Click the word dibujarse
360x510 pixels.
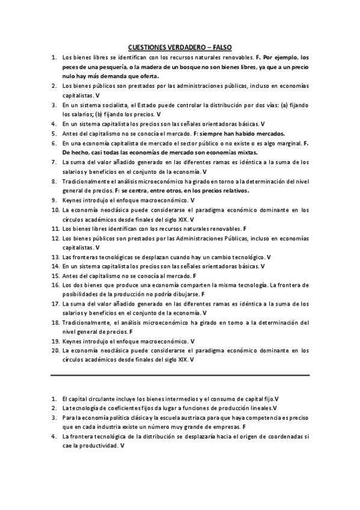tap(187, 294)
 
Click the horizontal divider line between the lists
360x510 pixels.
tap(180, 375)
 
